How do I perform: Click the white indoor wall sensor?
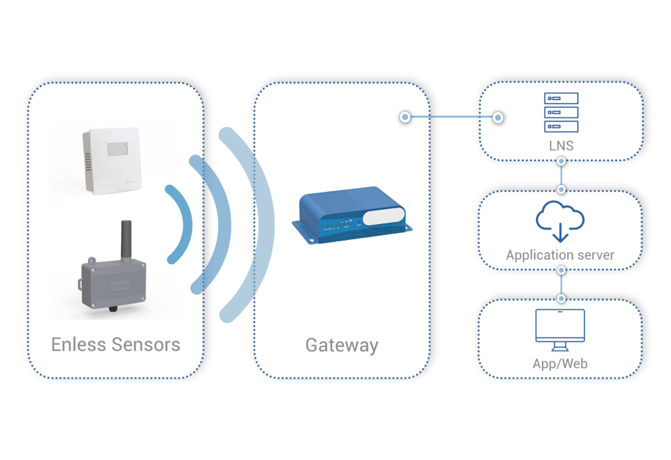coord(110,161)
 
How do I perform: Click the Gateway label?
coord(341,345)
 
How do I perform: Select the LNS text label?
coord(561,145)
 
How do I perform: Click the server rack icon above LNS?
coord(561,113)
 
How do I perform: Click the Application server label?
coord(560,255)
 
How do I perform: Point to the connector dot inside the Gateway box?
coord(405,117)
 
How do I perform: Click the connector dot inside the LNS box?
coord(498,117)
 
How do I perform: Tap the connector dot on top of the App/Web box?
coord(561,298)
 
